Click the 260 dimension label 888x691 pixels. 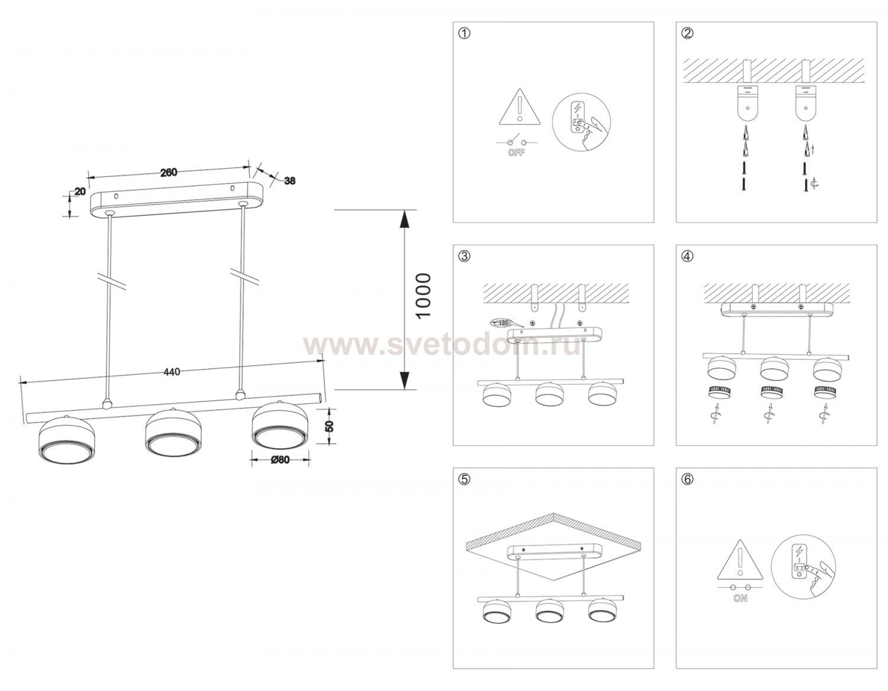[x=168, y=172]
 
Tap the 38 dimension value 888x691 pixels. [x=289, y=181]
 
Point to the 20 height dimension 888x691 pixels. [x=80, y=191]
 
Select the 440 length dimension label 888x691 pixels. [x=172, y=372]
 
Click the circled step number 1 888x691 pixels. [x=464, y=33]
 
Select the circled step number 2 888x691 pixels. [x=687, y=33]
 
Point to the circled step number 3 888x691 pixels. [x=464, y=256]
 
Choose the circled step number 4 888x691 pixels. [x=687, y=256]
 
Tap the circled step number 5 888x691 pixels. [x=464, y=479]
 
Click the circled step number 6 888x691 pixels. [x=687, y=479]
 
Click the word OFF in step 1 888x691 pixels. [x=517, y=153]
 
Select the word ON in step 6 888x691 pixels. [x=741, y=598]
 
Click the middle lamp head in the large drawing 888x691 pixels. [x=173, y=432]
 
